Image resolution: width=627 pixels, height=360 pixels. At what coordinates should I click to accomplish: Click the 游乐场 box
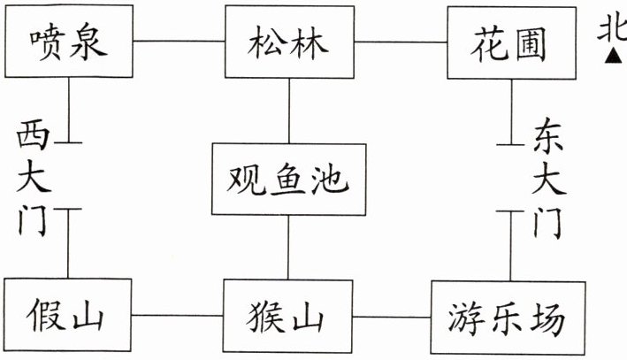505,318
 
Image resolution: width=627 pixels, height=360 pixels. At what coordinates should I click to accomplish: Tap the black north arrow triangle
613,58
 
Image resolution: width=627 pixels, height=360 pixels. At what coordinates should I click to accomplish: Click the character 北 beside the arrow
613,32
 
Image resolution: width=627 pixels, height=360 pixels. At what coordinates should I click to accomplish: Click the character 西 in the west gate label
35,137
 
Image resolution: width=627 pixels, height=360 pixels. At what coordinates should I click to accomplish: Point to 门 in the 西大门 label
35,219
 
